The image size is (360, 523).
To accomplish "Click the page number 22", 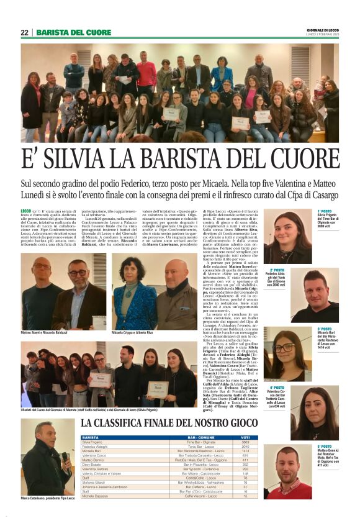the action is [25, 32].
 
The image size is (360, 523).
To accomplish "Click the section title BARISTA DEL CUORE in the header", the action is [74, 32].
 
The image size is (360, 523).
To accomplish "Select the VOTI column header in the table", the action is [245, 438].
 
